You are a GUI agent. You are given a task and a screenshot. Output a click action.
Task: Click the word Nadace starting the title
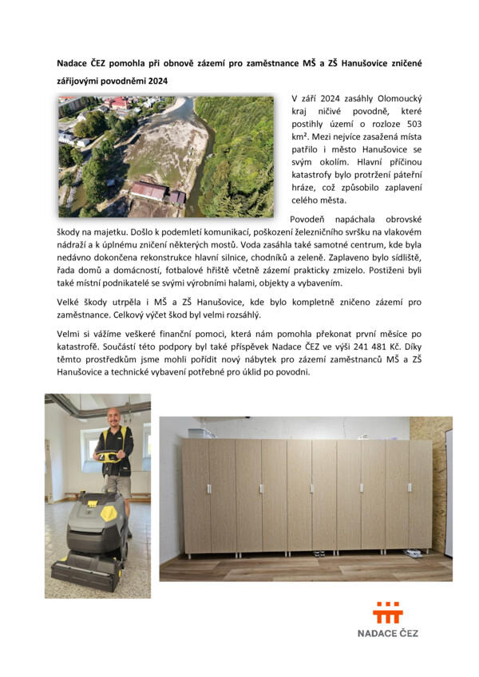coord(73,62)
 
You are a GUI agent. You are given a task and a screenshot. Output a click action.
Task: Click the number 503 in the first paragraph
coord(410,124)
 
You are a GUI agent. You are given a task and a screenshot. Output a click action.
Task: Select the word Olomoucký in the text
coord(394,98)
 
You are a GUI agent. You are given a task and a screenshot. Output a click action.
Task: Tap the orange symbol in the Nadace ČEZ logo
coord(387,612)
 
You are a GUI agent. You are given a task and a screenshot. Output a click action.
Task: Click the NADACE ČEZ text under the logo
coord(387,633)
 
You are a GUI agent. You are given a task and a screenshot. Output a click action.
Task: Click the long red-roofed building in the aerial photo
coord(149,192)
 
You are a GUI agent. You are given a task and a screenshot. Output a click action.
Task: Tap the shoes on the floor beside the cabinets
coord(413,552)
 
